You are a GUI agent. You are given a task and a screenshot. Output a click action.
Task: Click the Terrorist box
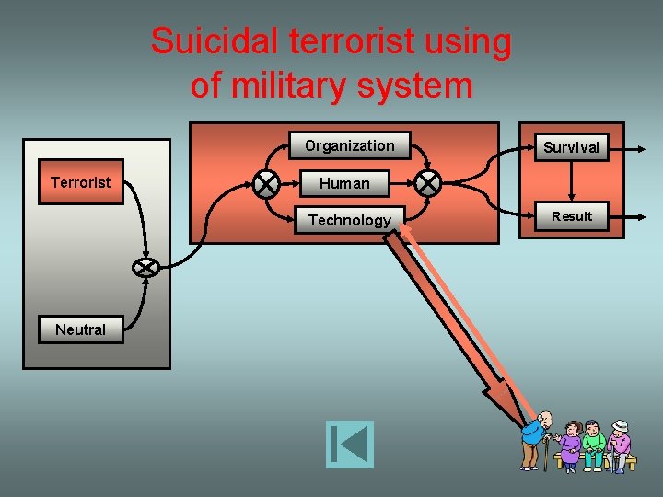point(81,182)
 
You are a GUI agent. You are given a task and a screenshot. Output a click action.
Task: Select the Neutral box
point(81,329)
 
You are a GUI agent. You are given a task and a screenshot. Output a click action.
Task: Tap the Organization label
point(349,145)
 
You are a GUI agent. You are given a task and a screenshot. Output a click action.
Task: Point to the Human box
point(344,183)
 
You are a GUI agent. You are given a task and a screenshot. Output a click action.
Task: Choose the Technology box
point(349,220)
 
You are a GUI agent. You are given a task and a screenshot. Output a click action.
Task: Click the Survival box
point(571,146)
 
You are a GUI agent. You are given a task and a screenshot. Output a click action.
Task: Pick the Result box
point(572,216)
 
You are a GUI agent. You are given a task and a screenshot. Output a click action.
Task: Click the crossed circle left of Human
point(267,183)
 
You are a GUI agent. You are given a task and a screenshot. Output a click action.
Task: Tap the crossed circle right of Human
point(427,183)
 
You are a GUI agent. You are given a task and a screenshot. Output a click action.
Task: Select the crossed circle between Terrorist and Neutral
point(145,268)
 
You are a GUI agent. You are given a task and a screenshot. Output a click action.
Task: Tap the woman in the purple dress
point(571,445)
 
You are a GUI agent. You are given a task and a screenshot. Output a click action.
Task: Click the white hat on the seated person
point(621,425)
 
